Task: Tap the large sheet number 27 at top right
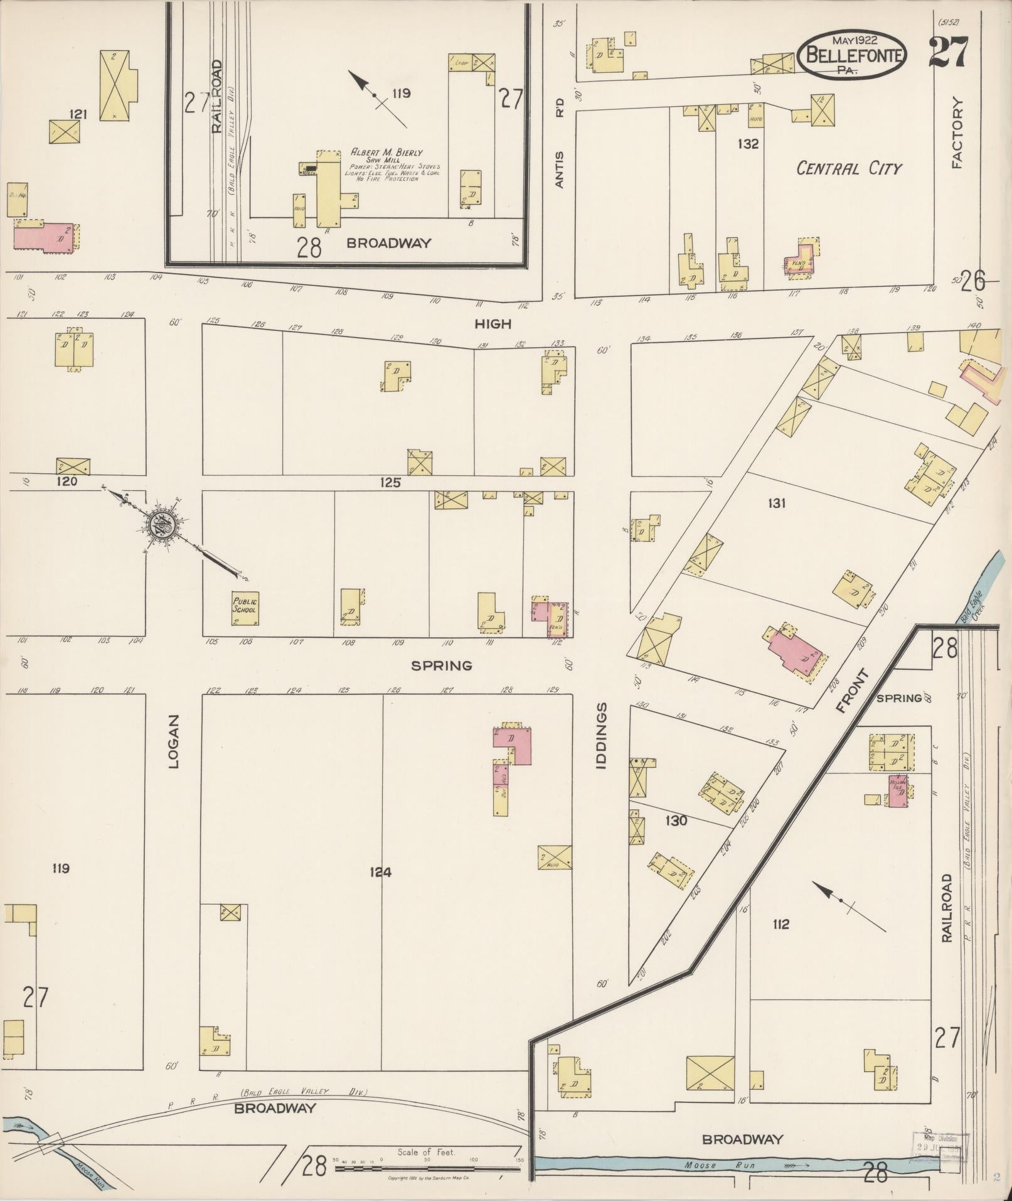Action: point(948,52)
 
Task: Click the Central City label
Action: point(848,168)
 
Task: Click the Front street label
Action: point(855,691)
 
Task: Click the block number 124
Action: point(380,872)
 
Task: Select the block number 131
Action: point(776,503)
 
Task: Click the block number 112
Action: point(780,924)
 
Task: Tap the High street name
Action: point(493,324)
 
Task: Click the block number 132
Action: point(748,144)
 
